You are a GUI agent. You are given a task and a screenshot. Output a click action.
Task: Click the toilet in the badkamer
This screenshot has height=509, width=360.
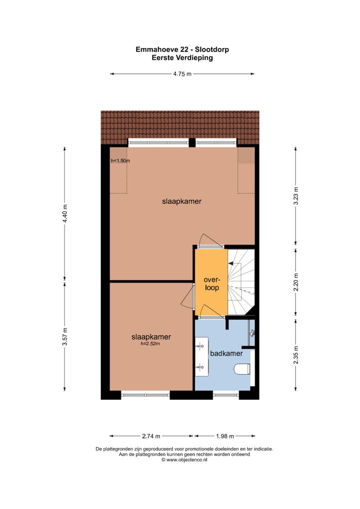242,369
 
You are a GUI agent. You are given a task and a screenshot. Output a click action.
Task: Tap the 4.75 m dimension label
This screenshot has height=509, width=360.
182,74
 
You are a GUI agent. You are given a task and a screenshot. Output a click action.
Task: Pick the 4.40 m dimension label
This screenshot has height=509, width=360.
64,213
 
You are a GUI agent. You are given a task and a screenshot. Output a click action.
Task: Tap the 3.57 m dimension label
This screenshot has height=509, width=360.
64,336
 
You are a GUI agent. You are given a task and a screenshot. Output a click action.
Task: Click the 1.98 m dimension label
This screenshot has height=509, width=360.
224,435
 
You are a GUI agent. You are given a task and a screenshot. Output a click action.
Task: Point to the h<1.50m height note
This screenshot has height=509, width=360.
120,161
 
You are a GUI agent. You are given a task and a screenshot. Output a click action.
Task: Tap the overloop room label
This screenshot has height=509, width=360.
211,283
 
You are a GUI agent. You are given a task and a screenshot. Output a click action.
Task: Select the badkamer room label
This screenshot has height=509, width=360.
226,353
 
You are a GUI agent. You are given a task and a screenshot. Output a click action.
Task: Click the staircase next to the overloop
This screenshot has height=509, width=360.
241,282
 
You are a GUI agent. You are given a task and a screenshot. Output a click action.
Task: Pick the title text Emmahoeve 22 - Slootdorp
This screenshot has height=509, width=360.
182,49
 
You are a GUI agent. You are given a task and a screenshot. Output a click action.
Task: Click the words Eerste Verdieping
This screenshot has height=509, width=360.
182,57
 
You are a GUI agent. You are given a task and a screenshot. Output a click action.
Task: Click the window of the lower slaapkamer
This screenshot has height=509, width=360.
145,395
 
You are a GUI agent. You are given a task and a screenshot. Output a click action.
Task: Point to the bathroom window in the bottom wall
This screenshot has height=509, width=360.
226,395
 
